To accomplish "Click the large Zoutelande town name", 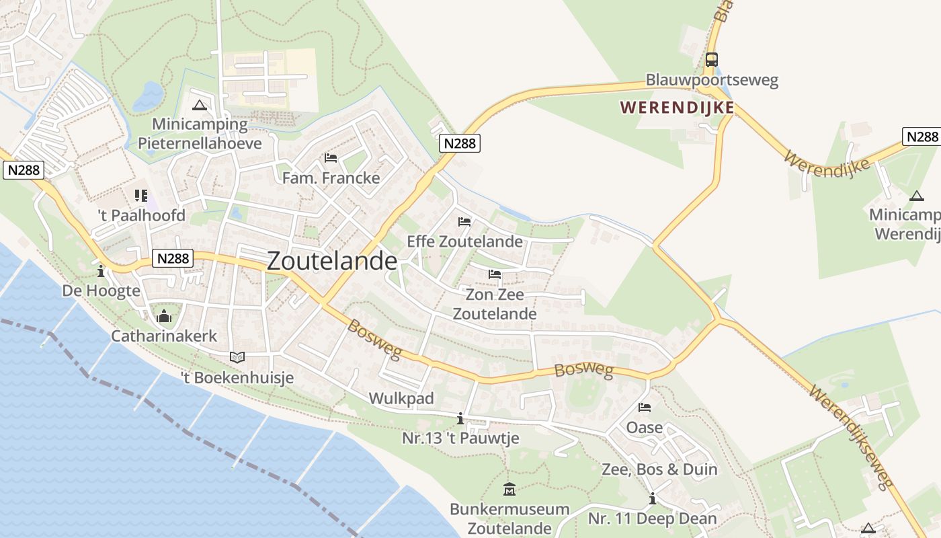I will (332, 261).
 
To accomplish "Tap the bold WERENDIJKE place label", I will (677, 108).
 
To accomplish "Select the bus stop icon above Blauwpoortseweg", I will (711, 60).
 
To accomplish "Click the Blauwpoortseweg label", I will (712, 80).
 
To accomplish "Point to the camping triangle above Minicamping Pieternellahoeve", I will (199, 105).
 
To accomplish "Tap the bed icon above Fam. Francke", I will (331, 158).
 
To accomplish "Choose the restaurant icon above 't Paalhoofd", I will (141, 196).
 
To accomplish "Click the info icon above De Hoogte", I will (101, 271).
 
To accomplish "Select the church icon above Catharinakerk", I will (164, 315).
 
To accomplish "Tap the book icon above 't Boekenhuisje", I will (237, 357).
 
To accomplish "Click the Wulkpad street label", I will (401, 398).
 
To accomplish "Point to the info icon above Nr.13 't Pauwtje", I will (460, 419).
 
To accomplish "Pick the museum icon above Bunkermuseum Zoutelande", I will (509, 489).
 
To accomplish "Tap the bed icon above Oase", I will (645, 408).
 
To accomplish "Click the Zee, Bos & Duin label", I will (659, 469).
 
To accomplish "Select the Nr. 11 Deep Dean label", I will (652, 518).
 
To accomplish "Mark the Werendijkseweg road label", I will (852, 436).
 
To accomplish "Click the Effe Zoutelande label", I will (464, 241).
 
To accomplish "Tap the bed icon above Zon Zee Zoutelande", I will (495, 274).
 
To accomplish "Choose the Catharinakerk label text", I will (164, 336).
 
